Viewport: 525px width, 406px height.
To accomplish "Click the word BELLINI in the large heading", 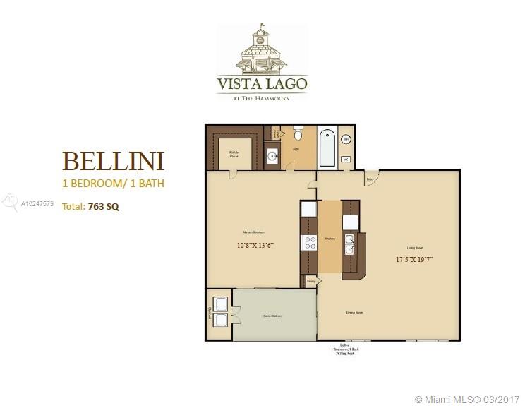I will [114, 161].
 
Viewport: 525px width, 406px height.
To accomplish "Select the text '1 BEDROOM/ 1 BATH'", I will [114, 184].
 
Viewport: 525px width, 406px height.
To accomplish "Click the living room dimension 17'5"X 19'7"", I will [414, 258].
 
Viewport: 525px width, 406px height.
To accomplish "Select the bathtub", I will [327, 146].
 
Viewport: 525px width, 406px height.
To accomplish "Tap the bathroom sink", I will [272, 157].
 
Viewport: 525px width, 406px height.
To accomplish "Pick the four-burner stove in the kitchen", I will [309, 243].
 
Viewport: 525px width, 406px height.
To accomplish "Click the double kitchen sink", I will [349, 244].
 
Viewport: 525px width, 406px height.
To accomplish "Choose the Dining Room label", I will [354, 311].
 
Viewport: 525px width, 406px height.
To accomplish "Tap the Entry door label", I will [369, 179].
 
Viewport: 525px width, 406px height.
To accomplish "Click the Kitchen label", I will [329, 239].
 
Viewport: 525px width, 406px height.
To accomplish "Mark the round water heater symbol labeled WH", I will [346, 140].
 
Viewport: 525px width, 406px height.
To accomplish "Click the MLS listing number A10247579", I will [37, 203].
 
